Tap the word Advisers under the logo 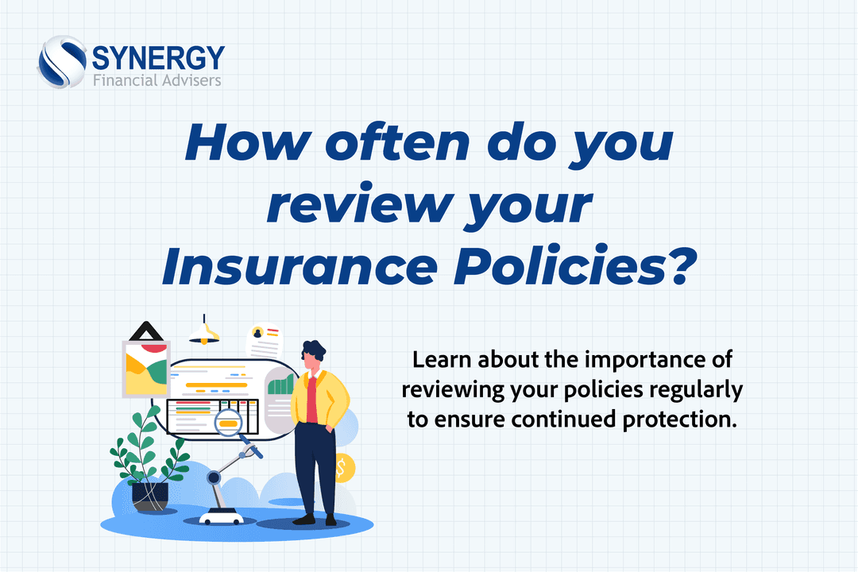(x=189, y=80)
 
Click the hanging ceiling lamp (x=205, y=332)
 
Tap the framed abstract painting (x=145, y=367)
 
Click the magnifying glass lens (x=230, y=422)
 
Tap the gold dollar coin (x=344, y=468)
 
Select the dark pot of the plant (x=150, y=495)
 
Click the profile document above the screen (x=265, y=341)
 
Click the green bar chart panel (x=280, y=388)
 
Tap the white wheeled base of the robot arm (x=220, y=516)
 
